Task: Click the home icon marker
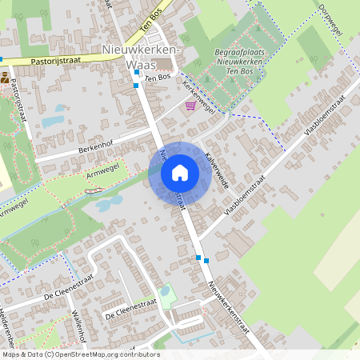(x=179, y=172)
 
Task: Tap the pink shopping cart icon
(x=190, y=106)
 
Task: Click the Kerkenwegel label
(x=198, y=96)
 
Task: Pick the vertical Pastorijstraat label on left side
(x=18, y=104)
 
